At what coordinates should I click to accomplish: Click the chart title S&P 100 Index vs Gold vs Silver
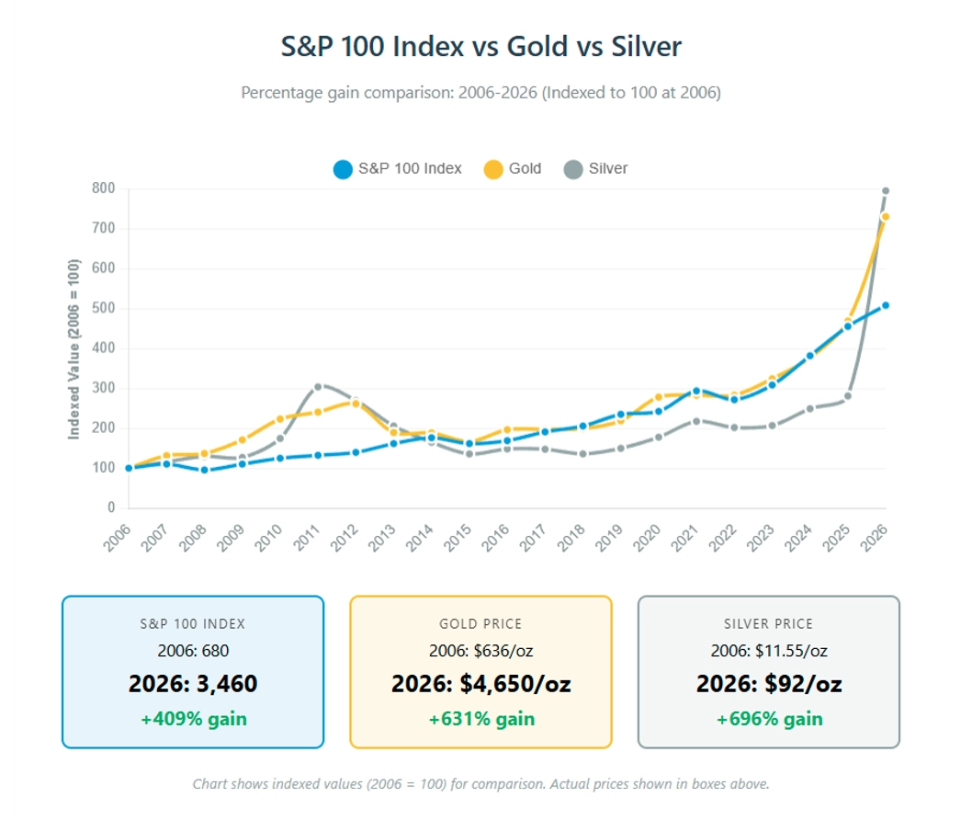[481, 47]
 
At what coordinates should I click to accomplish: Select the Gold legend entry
[513, 169]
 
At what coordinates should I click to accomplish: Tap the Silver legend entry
[596, 169]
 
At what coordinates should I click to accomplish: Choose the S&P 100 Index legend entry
[398, 169]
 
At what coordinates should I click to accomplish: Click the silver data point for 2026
[886, 191]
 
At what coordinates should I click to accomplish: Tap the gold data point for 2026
[886, 217]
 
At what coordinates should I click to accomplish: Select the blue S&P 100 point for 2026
[886, 305]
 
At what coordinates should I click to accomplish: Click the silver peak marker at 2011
[318, 387]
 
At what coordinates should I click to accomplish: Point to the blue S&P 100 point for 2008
[204, 470]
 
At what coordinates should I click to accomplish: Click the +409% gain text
[193, 719]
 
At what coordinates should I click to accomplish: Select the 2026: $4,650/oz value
[480, 685]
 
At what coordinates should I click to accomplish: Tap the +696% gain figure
[769, 719]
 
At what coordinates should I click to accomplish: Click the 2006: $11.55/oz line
[769, 651]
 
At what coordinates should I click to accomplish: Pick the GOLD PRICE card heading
[480, 624]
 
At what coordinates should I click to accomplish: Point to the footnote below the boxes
[480, 784]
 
